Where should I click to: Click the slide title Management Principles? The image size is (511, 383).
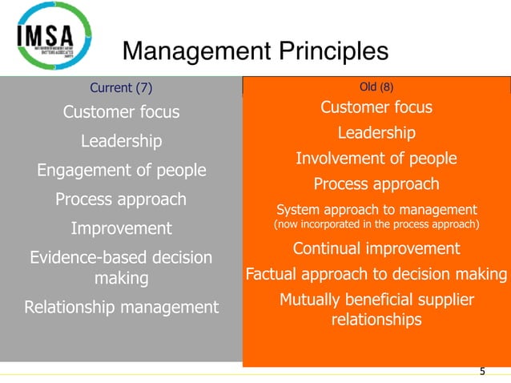(255, 52)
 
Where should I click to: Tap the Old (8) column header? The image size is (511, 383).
(376, 86)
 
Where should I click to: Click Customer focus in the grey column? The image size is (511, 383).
(121, 112)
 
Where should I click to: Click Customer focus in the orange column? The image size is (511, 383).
(376, 107)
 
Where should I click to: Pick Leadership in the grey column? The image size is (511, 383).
(121, 141)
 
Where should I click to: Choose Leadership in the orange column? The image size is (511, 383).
(376, 132)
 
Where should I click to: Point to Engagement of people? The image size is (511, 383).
(121, 170)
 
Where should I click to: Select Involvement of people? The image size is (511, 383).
(376, 159)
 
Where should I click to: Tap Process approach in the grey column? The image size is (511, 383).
(121, 199)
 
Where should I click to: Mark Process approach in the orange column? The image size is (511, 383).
(376, 184)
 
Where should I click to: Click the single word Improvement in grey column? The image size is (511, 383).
(121, 228)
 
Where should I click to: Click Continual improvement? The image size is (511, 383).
(376, 248)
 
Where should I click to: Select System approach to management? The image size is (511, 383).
(376, 211)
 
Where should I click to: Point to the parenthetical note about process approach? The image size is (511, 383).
(376, 225)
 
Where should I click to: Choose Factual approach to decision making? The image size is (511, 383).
(376, 275)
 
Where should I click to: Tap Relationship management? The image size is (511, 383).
(121, 307)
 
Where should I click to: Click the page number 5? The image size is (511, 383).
(482, 371)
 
